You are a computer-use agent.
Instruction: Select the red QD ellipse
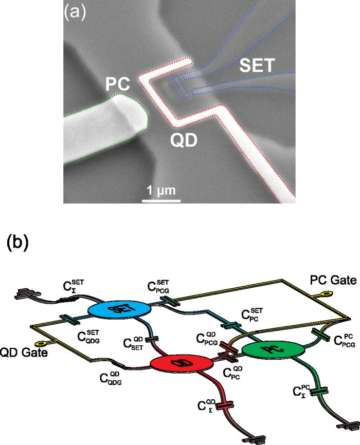tap(182, 348)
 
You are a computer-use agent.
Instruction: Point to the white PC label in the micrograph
tap(119, 83)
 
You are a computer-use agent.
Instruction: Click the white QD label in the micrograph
tap(184, 138)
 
